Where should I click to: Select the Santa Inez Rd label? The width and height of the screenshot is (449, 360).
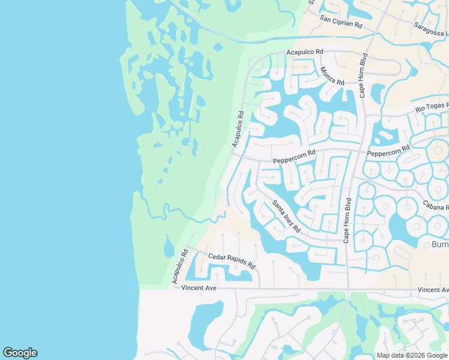[x=286, y=216]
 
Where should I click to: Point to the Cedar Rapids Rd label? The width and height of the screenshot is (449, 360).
[x=232, y=261]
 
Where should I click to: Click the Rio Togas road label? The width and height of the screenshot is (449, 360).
[x=432, y=109]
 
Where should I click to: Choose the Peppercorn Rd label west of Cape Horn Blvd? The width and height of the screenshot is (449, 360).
[x=294, y=157]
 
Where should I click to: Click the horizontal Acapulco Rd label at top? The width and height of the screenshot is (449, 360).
[x=305, y=53]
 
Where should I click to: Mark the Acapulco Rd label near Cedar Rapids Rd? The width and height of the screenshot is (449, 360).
[x=179, y=266]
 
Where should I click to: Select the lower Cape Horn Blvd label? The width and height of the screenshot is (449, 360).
[x=346, y=219]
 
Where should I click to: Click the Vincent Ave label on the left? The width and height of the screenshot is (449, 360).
[x=199, y=289]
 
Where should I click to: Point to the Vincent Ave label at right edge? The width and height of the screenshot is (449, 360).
[x=433, y=290]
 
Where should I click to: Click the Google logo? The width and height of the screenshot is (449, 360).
[x=20, y=353]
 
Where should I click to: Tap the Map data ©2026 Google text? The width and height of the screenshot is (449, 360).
[x=412, y=355]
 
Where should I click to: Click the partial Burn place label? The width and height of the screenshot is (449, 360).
[x=440, y=244]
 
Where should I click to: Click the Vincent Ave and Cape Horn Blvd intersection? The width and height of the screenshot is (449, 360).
[x=347, y=290]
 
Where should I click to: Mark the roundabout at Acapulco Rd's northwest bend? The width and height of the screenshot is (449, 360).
[x=256, y=63]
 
